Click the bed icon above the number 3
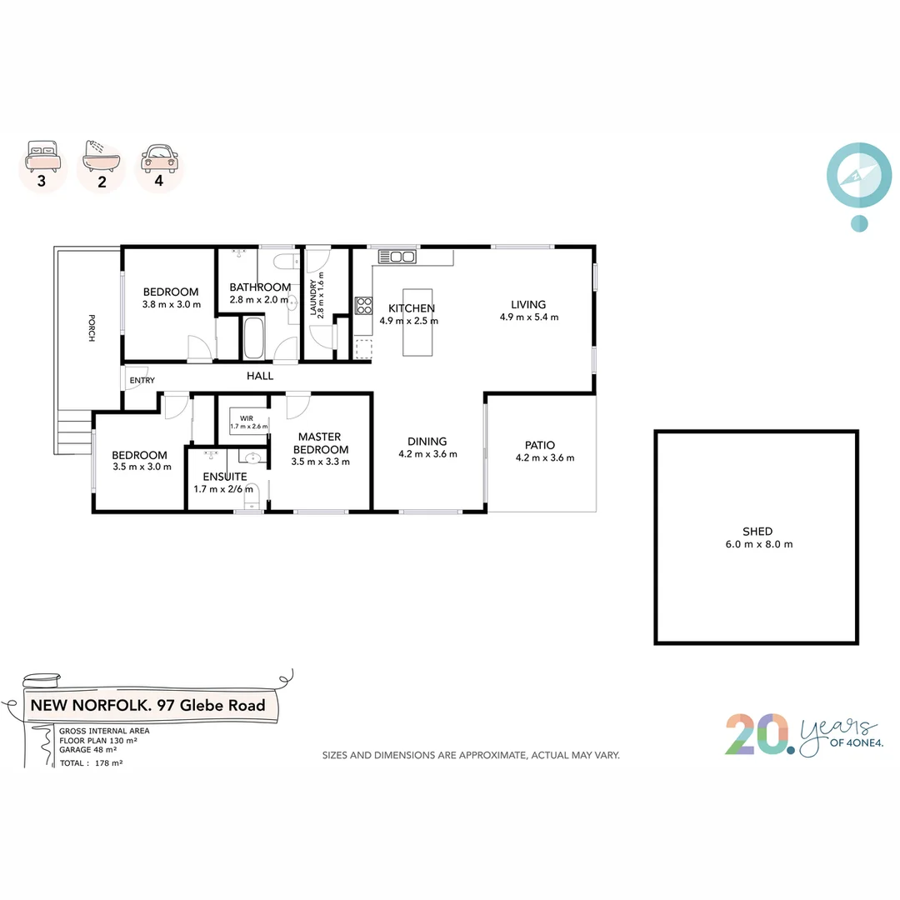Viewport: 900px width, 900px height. coord(42,153)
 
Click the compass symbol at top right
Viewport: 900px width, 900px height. coord(858,177)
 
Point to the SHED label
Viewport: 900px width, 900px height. coord(757,531)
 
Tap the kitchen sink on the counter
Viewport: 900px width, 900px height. coord(397,257)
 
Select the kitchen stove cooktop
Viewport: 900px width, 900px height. coord(363,306)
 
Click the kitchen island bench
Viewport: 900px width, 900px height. coord(418,321)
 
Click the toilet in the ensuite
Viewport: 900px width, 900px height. coord(252,494)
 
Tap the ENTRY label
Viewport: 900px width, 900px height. coord(142,381)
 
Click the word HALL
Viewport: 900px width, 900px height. coord(260,376)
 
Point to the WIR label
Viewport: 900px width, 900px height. coord(247,417)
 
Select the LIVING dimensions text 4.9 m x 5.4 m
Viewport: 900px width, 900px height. coord(528,317)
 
